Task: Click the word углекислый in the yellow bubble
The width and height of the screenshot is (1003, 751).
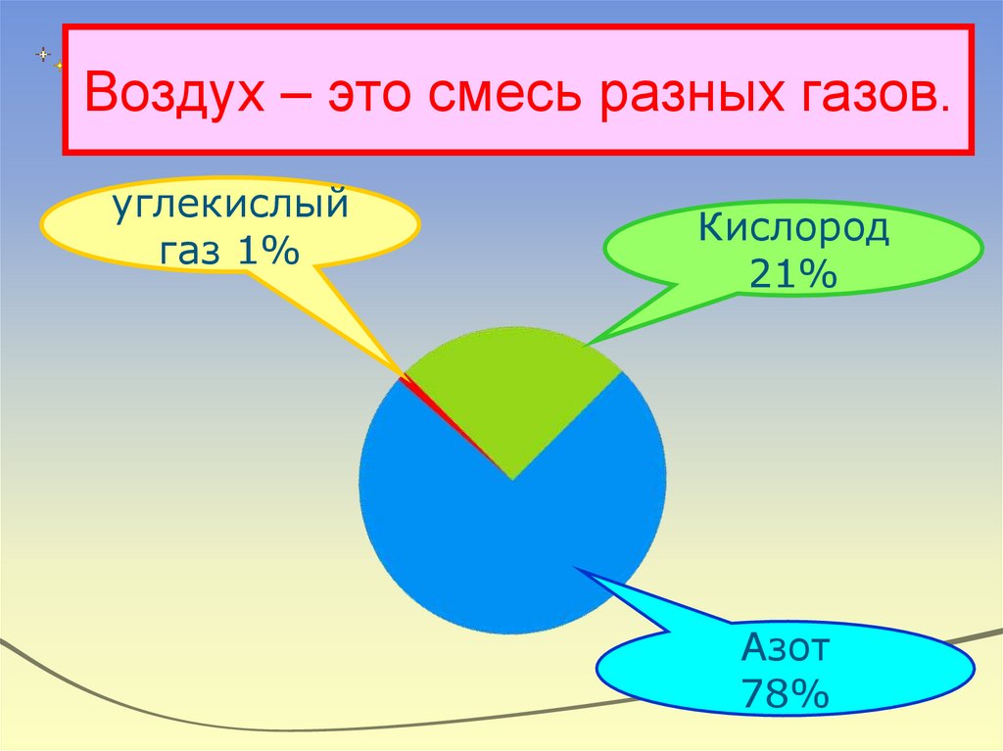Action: click(x=229, y=208)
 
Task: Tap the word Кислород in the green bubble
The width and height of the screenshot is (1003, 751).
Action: click(x=793, y=231)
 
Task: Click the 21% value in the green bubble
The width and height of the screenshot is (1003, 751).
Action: click(x=793, y=273)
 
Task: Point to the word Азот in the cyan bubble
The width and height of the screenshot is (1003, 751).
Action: click(x=787, y=648)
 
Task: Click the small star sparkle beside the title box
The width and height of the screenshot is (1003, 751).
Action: click(x=44, y=54)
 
